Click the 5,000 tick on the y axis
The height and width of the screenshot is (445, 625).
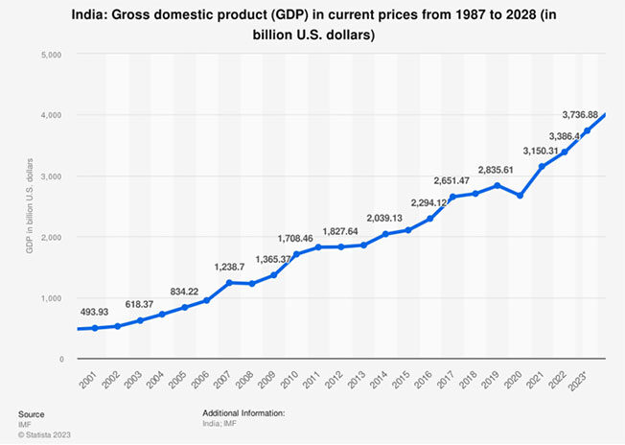tap(49, 54)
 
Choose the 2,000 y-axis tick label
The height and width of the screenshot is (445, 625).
tap(49, 237)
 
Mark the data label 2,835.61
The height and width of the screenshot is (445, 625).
tap(517, 170)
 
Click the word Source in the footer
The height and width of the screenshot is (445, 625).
tap(32, 413)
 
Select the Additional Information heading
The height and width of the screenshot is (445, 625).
tap(244, 413)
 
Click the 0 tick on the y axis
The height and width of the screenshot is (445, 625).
tap(59, 359)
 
